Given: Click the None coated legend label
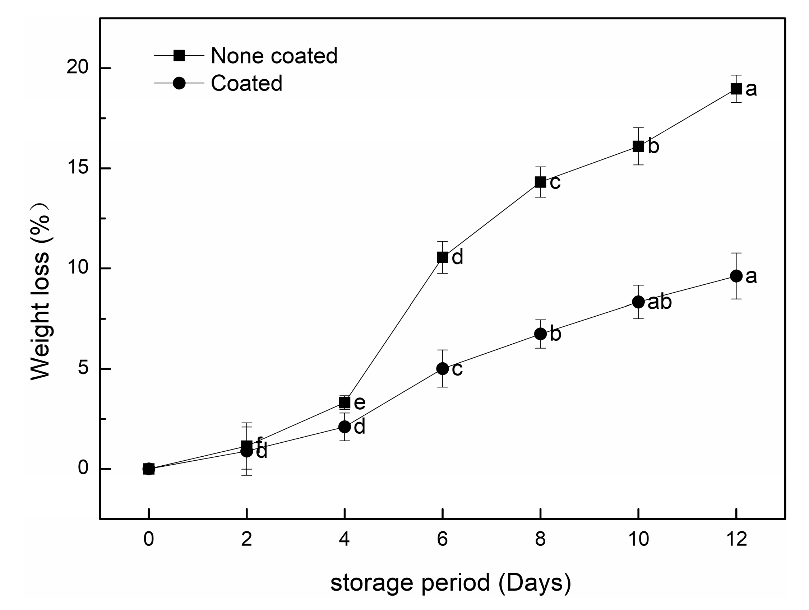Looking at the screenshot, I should [274, 56].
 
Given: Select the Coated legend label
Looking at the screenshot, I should [246, 83].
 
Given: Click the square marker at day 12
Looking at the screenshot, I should [736, 89].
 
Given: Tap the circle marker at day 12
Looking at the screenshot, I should [736, 276].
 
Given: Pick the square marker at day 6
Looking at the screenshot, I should [442, 257].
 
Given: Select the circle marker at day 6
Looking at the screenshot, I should [442, 368].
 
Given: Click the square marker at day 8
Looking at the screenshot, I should [540, 182].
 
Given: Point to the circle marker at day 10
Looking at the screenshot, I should [638, 302].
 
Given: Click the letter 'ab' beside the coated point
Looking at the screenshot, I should [660, 302].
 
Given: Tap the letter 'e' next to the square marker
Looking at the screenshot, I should [360, 403].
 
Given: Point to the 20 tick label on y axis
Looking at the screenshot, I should [78, 67].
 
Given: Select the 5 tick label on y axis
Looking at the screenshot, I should [83, 368].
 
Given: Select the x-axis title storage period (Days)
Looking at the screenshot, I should [450, 583].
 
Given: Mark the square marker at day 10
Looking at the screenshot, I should [638, 146].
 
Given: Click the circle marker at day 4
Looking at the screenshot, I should [344, 427].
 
